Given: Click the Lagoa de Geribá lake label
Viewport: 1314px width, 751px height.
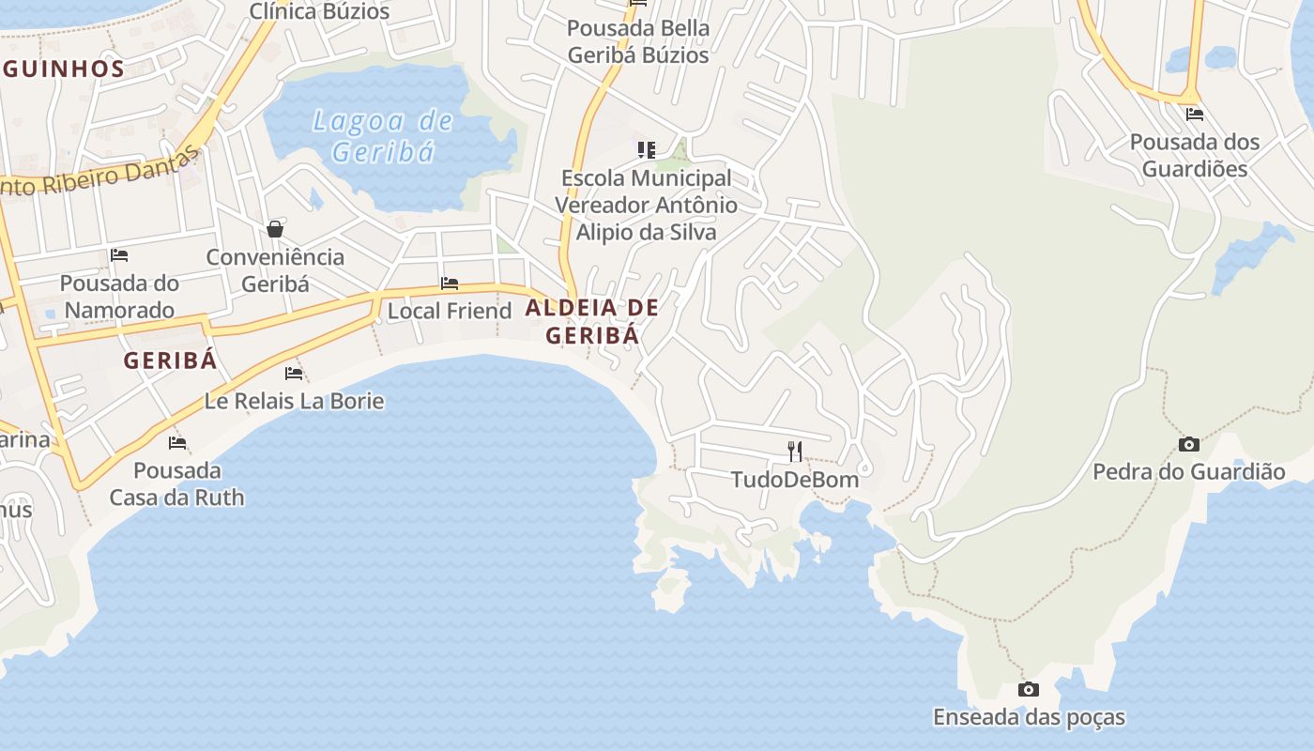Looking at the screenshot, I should point(383,136).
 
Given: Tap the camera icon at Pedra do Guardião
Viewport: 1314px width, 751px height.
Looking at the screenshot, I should point(1188,444).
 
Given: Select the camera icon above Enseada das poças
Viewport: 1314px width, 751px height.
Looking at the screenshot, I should point(1029,690).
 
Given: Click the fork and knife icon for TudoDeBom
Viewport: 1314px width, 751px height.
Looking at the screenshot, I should point(795,452).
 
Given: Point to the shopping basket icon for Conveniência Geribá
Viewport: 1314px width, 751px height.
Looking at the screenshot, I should point(275,229).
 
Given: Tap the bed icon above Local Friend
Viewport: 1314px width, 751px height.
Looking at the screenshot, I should point(450,284).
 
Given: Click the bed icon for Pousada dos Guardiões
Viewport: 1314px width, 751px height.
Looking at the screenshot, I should point(1195,115).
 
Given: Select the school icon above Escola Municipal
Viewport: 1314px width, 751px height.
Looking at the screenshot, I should point(646,150).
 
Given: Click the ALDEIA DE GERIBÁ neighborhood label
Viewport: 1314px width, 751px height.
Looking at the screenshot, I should point(592,321).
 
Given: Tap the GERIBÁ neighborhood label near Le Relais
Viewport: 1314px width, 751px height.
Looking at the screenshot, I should point(170,360).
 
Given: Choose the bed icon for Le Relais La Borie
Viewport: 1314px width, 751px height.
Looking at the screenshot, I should point(294,374).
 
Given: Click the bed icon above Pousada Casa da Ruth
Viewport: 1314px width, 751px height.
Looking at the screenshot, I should point(177,443).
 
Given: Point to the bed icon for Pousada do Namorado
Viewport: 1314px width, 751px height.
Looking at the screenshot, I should point(119,255).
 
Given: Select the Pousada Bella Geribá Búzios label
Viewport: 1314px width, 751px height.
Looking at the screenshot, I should point(638,41).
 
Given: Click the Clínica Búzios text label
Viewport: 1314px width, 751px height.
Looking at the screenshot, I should point(319,11).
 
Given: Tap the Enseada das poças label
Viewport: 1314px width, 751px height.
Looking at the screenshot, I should point(1029,718).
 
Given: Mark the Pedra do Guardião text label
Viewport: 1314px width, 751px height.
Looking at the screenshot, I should point(1188,471).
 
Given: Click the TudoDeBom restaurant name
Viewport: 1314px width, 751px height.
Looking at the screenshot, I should point(795,480).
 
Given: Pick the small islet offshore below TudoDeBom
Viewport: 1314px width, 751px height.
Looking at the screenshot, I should point(671,589).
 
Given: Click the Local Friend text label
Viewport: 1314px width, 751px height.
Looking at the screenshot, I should point(450,311).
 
